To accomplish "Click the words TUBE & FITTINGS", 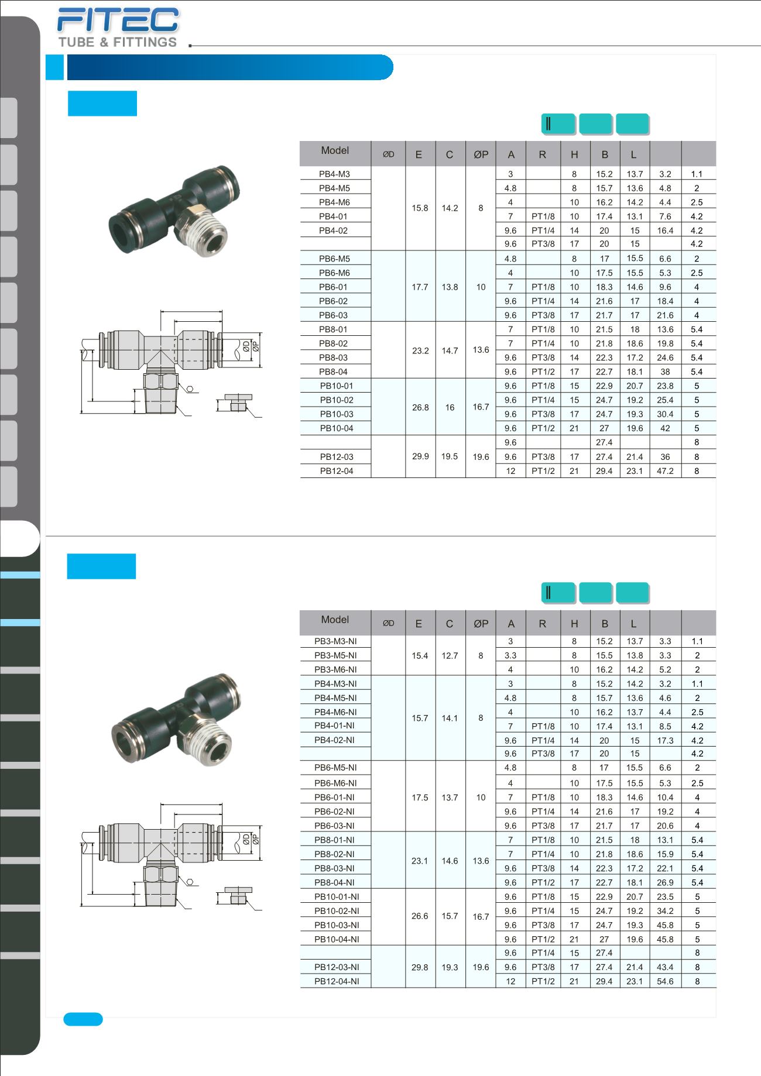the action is click(118, 42).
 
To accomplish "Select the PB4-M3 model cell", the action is click(334, 174).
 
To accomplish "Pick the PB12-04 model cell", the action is click(337, 471).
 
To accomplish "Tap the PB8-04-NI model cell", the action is click(335, 882).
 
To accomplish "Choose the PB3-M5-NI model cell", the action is click(335, 655).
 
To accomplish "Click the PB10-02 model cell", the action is click(337, 400).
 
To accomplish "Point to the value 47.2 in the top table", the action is click(666, 471).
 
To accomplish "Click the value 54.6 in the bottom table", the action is click(666, 981).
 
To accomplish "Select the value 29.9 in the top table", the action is click(420, 456).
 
